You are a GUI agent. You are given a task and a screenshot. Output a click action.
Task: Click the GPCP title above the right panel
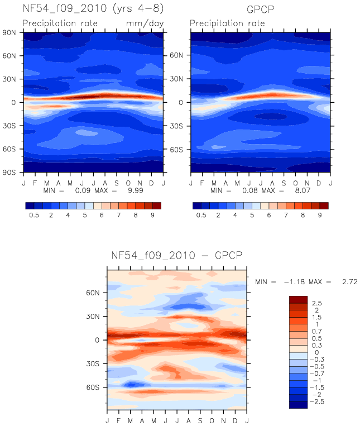(x=260, y=9)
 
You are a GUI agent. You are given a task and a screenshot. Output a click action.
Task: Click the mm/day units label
(x=145, y=23)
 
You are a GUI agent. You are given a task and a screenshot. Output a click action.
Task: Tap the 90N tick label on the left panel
(x=9, y=33)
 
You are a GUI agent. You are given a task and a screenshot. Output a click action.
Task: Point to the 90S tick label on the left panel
(x=9, y=173)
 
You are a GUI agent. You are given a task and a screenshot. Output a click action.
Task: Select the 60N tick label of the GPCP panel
(x=176, y=55)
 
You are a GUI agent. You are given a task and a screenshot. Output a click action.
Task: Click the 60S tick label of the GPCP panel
(x=176, y=150)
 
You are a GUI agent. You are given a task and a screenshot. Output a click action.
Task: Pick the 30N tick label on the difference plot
(x=93, y=317)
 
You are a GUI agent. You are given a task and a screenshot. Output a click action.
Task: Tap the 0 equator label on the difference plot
(x=97, y=340)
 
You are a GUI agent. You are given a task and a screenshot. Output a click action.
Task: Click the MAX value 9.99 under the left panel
(x=136, y=190)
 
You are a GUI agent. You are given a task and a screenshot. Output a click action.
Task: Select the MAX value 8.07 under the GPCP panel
(x=303, y=190)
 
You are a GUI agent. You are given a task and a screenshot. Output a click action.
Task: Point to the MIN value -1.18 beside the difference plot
(x=294, y=282)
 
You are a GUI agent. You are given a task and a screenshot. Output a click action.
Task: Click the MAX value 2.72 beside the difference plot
(x=350, y=282)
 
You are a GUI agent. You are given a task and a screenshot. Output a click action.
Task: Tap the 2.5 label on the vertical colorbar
(x=316, y=303)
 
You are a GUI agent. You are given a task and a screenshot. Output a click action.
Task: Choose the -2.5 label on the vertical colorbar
(x=317, y=401)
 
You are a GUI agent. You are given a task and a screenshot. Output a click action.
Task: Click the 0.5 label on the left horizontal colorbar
(x=34, y=215)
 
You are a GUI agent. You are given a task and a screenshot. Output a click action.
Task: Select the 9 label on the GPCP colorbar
(x=320, y=215)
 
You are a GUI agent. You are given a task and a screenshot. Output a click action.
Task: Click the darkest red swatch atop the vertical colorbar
(x=299, y=300)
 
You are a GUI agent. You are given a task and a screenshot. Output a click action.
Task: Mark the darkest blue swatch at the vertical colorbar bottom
(x=299, y=405)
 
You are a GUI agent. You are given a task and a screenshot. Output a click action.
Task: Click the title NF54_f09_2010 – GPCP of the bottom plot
(x=177, y=256)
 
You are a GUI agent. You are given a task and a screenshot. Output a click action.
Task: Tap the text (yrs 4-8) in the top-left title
(x=138, y=8)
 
